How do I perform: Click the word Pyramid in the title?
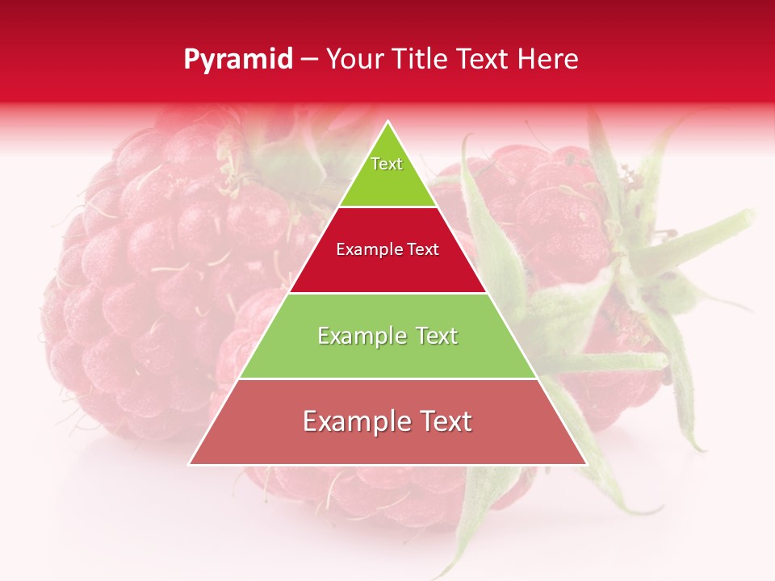[238, 60]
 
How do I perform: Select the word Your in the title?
[355, 59]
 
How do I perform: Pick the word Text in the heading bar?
[484, 59]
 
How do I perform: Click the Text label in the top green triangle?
[387, 164]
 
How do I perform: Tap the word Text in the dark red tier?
[421, 250]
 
